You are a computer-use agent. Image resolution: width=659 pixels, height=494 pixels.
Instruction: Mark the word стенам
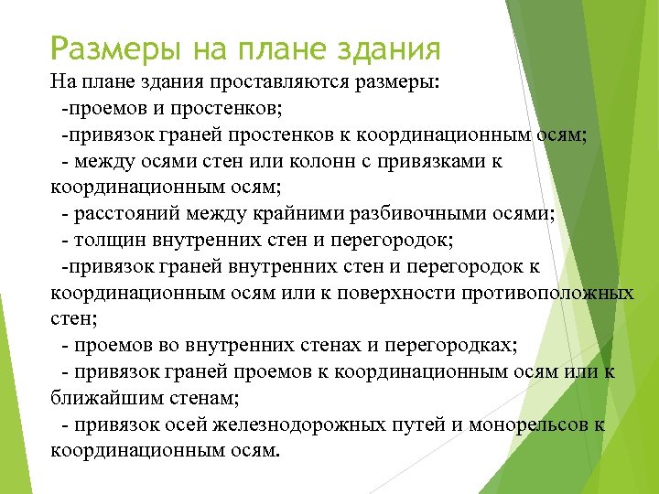(x=203, y=399)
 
